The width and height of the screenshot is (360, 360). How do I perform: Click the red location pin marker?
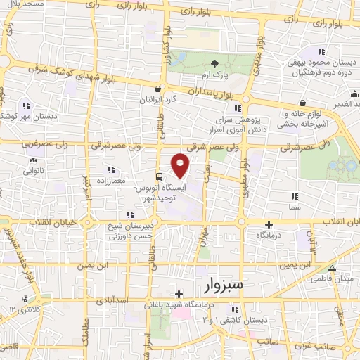click(x=181, y=165)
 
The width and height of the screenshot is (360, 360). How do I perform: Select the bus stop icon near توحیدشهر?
click(x=160, y=176)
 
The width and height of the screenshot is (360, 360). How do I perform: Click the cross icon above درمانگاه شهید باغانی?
click(x=179, y=294)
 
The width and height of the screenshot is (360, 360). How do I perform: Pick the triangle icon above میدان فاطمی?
click(x=333, y=268)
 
